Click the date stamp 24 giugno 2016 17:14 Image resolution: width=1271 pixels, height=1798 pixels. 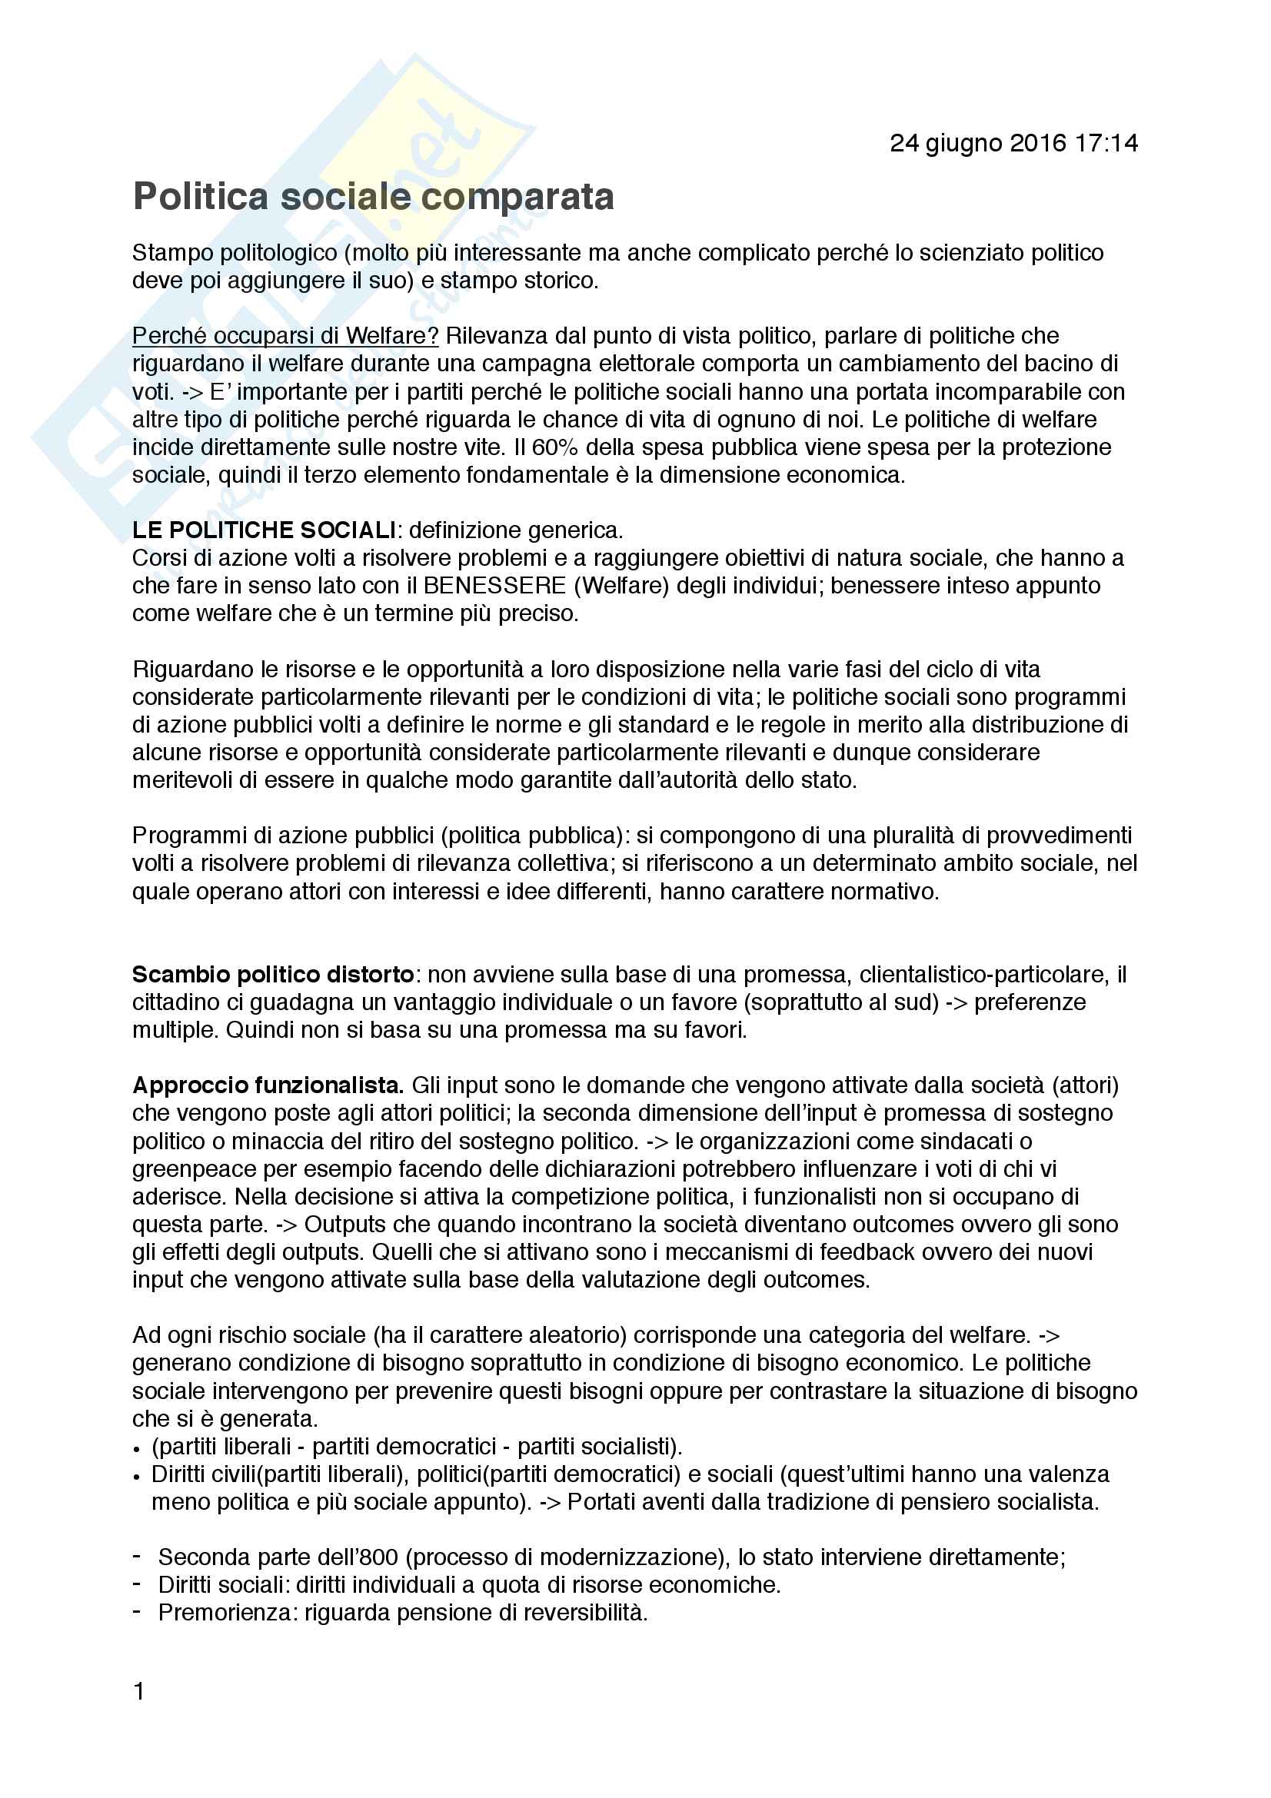point(1013,143)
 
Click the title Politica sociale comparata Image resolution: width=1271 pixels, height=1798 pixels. point(374,197)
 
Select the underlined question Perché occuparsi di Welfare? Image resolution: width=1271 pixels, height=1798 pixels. point(285,336)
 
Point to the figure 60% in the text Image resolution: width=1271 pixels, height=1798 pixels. point(555,448)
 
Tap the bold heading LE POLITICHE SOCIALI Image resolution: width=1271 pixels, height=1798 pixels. point(264,530)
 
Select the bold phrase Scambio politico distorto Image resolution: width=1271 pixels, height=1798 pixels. point(272,974)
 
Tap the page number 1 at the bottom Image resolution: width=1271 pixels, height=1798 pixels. point(138,1692)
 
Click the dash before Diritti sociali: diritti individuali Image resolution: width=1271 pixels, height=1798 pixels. point(137,1584)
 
